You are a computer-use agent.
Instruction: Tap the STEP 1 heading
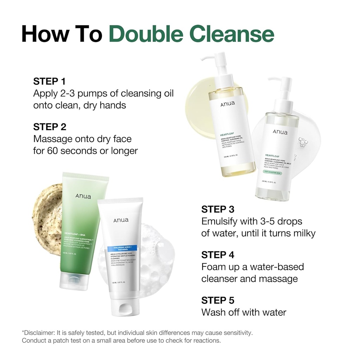[50, 82]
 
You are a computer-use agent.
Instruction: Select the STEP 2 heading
[50, 127]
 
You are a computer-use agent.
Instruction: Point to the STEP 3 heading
[218, 210]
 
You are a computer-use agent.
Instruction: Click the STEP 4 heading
[218, 255]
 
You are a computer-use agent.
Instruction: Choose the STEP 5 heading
[218, 300]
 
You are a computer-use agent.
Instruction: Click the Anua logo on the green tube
[83, 196]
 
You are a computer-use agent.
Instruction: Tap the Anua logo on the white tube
[121, 220]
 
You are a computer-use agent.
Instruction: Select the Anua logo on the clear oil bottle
[280, 132]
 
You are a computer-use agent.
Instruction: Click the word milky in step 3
[302, 233]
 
